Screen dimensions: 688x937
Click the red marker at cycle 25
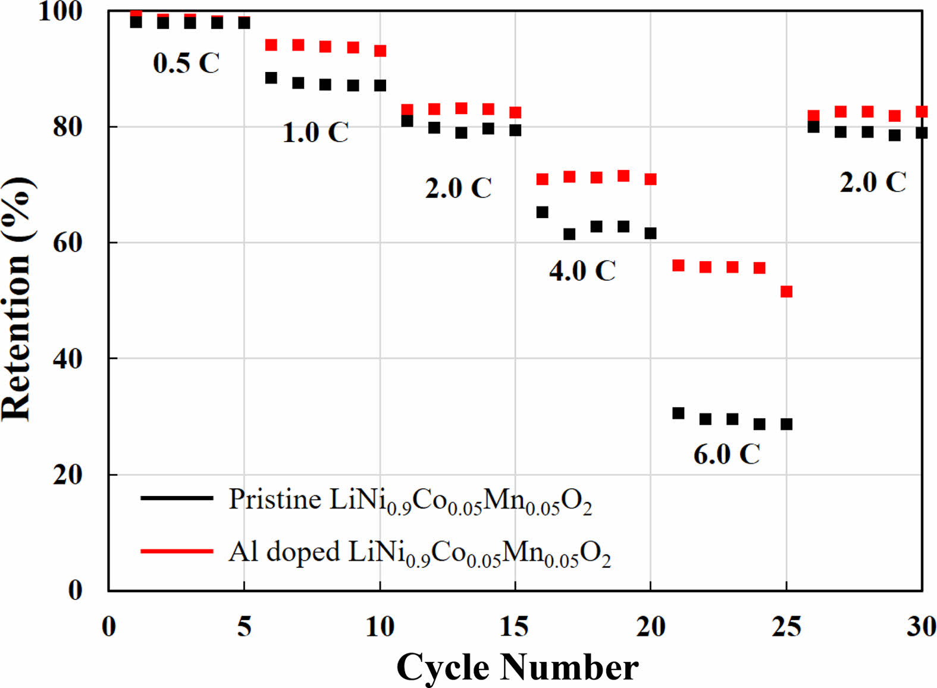(786, 291)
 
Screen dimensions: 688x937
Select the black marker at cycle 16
(542, 212)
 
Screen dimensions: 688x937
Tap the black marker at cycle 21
(678, 413)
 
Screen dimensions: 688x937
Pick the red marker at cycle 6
(271, 45)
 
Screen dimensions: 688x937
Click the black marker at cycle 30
(922, 133)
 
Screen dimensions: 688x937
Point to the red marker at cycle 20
(650, 179)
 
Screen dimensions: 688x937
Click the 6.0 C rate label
(726, 454)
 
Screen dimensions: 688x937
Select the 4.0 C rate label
(582, 271)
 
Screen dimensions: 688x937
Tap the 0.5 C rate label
(186, 63)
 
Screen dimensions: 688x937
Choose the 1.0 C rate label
(315, 132)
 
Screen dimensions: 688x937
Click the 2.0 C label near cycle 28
(873, 182)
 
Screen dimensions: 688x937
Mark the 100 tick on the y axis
(59, 11)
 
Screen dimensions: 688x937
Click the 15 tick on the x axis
(515, 626)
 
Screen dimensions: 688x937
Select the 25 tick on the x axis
(786, 626)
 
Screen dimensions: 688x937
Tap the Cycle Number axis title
(517, 667)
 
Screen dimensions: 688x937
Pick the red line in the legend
(177, 551)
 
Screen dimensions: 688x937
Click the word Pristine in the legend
(275, 499)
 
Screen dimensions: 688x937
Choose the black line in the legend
(177, 498)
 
